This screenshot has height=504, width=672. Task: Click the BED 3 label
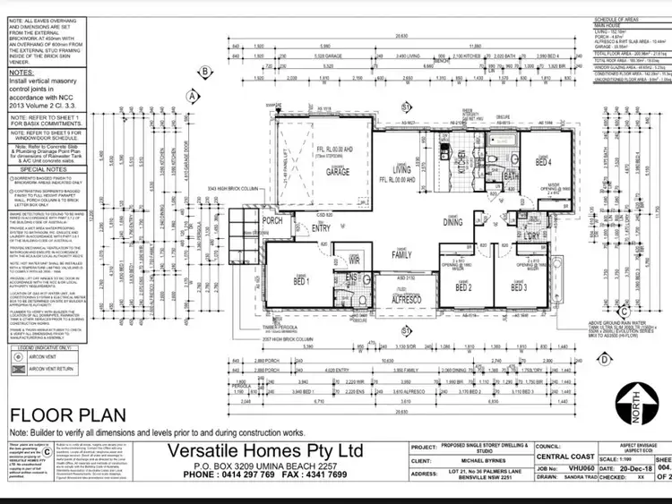coord(518,287)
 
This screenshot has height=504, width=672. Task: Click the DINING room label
coord(453,223)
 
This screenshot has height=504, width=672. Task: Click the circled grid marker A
coord(191,93)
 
